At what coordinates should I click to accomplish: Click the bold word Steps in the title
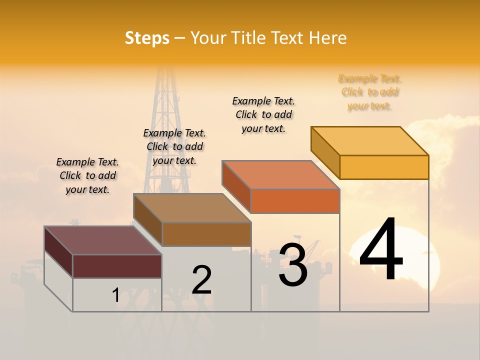[x=147, y=38]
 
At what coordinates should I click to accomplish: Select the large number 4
[x=381, y=250]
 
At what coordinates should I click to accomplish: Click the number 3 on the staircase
[x=293, y=265]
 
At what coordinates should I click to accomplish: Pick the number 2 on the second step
[x=201, y=280]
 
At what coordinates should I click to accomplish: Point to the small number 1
[x=115, y=295]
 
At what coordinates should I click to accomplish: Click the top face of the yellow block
[x=370, y=140]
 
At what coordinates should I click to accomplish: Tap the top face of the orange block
[x=280, y=175]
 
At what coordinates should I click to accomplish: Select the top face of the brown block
[x=191, y=208]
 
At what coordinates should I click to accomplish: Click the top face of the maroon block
[x=102, y=240]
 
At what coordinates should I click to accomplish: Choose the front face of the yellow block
[x=384, y=167]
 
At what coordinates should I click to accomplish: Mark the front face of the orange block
[x=295, y=201]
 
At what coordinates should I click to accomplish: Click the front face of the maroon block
[x=117, y=266]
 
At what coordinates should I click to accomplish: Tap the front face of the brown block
[x=206, y=234]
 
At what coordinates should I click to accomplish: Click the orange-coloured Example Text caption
[x=369, y=92]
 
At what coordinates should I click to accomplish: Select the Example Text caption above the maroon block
[x=87, y=175]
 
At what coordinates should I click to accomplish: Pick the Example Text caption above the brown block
[x=174, y=146]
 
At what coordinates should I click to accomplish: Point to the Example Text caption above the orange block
[x=263, y=114]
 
